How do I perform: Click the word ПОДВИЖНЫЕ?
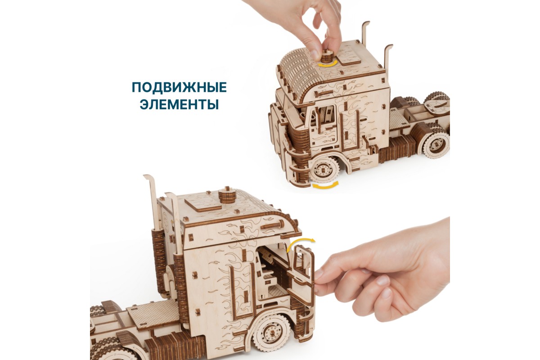(x=179, y=88)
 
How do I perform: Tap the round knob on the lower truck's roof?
(x=227, y=197)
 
